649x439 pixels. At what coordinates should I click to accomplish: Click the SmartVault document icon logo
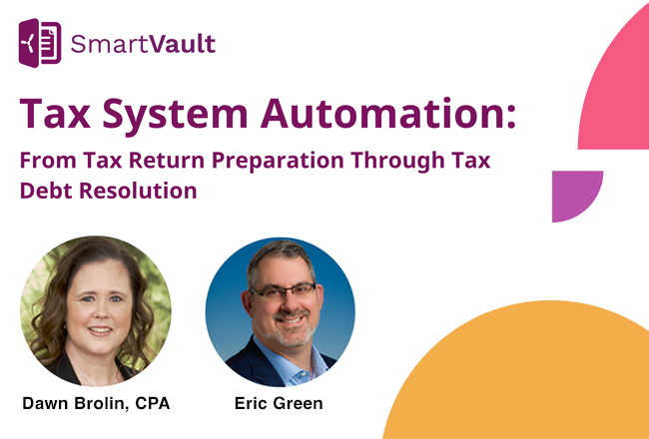pos(40,43)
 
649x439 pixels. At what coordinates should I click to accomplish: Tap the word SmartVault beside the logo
pos(142,44)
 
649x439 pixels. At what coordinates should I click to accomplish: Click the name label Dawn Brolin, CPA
pos(96,404)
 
